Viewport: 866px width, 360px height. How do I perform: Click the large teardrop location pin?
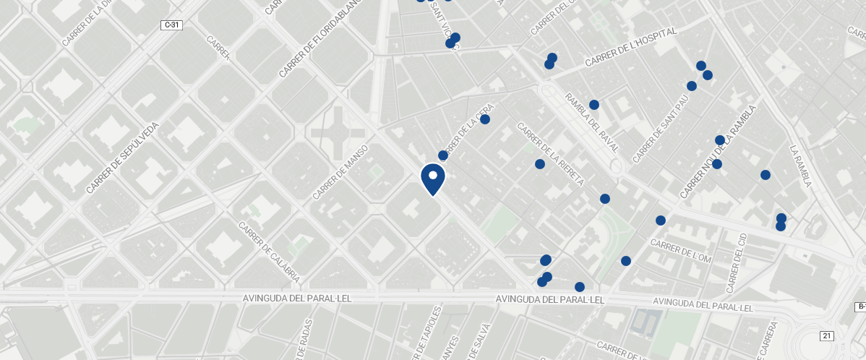pos(433,179)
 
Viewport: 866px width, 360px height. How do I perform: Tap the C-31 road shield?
pos(171,25)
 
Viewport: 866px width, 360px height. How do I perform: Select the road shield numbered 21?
pos(826,335)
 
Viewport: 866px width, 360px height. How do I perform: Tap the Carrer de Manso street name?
pos(340,172)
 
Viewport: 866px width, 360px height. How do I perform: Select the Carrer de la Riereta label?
pos(550,154)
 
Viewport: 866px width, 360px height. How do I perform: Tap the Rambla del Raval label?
pos(592,123)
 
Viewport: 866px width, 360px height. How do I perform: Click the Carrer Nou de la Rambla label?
pos(718,152)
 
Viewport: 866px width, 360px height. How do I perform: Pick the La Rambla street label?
pos(801,166)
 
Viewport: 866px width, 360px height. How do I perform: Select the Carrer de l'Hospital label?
pos(631,48)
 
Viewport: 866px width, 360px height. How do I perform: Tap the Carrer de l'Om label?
pos(681,249)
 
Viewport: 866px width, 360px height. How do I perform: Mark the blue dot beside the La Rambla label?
pos(766,175)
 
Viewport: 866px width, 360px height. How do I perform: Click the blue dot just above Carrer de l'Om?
pos(661,220)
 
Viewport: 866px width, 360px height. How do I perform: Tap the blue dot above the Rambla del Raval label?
pos(594,105)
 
